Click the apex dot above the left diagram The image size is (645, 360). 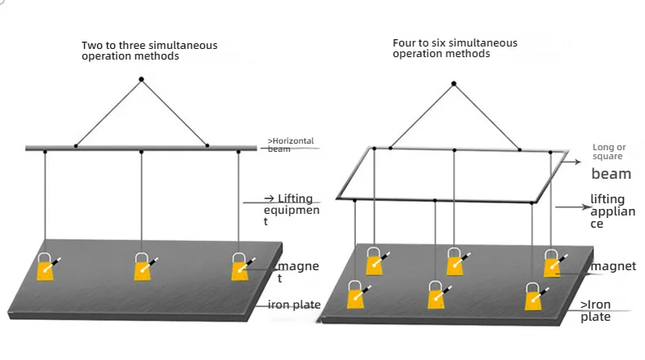[x=141, y=79]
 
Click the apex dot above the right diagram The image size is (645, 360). [x=454, y=83]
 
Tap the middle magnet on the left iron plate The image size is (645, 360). [x=143, y=267]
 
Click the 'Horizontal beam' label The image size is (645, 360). [x=291, y=144]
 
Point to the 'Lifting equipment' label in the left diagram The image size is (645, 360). [x=291, y=210]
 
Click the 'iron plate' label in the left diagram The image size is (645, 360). [x=294, y=304]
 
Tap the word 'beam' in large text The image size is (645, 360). [x=612, y=174]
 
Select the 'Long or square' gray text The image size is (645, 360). [x=609, y=152]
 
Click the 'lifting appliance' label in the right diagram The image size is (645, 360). [x=613, y=211]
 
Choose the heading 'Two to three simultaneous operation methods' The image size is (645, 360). [x=149, y=51]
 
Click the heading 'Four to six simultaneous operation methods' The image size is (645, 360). [x=455, y=48]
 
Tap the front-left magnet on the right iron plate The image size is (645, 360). [x=356, y=295]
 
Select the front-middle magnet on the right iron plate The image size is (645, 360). [x=437, y=295]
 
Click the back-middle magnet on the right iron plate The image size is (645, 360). [x=456, y=262]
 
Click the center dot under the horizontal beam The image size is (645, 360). [x=141, y=152]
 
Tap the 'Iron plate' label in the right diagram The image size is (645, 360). [x=596, y=311]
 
